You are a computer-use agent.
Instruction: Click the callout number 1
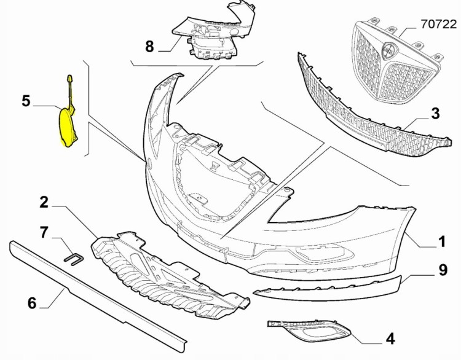point(441,241)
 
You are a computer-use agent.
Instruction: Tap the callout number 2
point(44,202)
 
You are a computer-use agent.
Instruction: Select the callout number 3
point(435,114)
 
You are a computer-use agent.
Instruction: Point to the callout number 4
point(390,338)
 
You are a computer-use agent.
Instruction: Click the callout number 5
point(26,101)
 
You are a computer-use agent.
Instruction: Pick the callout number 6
point(32,303)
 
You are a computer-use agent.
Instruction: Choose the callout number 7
point(44,232)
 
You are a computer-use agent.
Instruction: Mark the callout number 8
point(149,47)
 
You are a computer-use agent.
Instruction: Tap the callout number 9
point(443,270)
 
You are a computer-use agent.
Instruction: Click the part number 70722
point(438,24)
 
